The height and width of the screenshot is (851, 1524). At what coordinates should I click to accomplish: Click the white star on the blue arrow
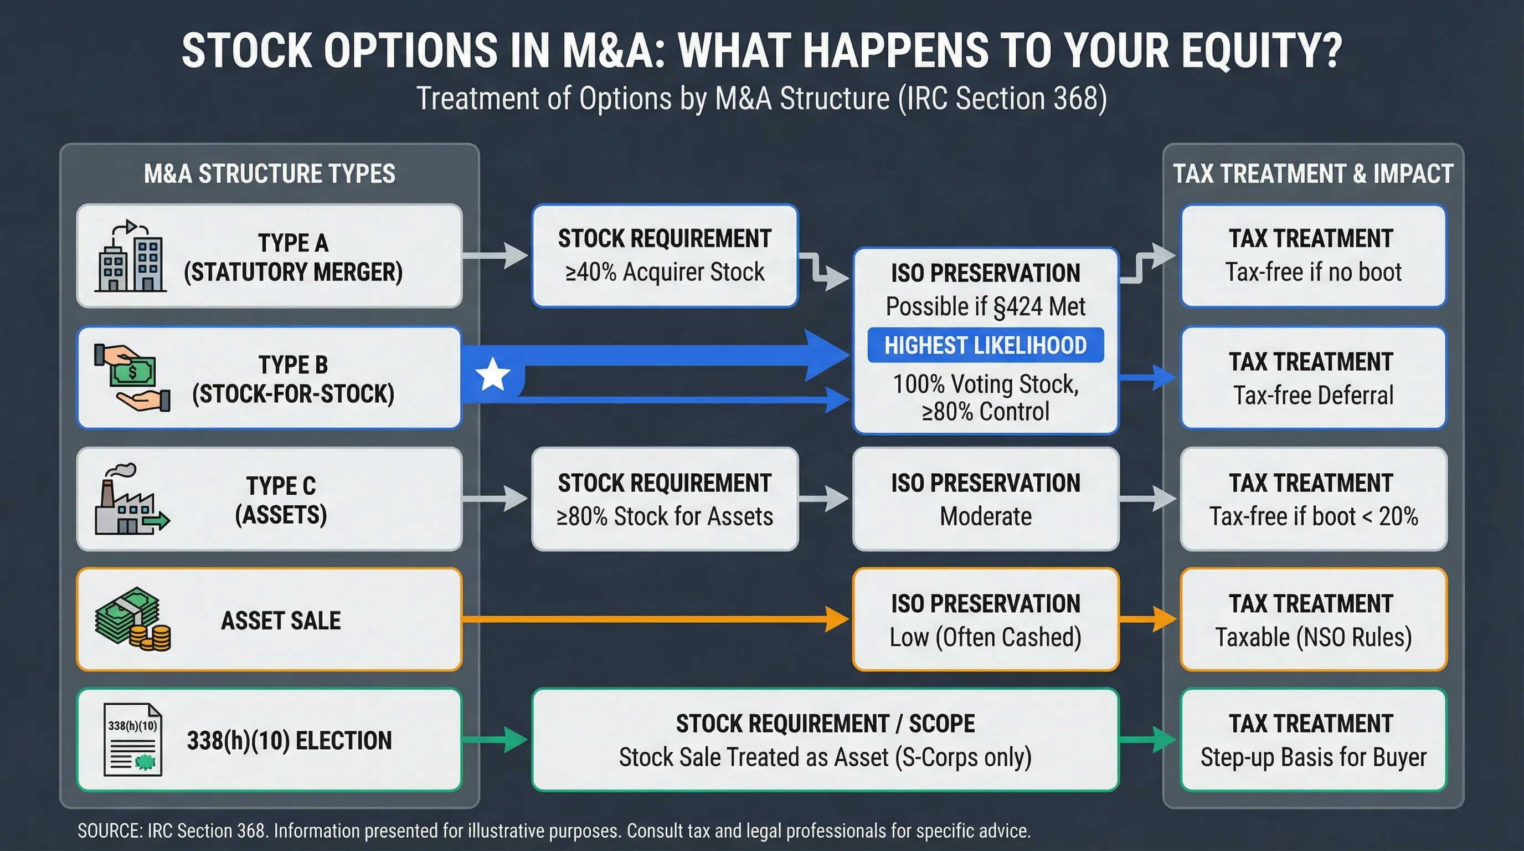492,374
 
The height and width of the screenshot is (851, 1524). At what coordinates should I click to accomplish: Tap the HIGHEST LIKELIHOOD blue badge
985,345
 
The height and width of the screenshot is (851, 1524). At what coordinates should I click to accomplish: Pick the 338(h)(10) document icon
132,739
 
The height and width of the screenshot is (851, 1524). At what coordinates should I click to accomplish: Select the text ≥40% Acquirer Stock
665,272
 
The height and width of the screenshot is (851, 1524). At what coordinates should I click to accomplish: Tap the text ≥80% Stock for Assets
665,516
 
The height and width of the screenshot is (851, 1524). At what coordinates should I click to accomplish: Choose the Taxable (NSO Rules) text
1313,637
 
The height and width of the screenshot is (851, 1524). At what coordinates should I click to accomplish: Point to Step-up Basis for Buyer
1313,757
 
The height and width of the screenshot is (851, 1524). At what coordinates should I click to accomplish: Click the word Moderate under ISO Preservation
985,516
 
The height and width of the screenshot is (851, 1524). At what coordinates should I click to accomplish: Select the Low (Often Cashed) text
985,637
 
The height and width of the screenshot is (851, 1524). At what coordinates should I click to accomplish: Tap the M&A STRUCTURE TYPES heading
269,174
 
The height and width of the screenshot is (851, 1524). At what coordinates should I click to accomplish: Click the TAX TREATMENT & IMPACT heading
1313,174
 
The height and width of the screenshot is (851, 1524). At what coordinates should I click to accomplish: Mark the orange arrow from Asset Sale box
651,619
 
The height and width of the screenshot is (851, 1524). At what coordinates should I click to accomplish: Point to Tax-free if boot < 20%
1313,516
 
